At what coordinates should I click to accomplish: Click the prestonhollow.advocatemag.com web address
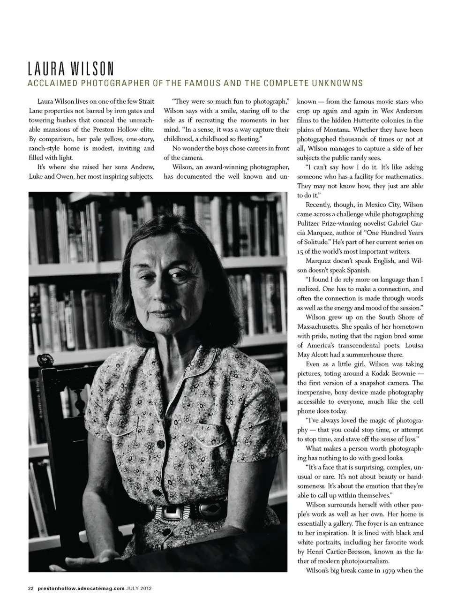point(81,588)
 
